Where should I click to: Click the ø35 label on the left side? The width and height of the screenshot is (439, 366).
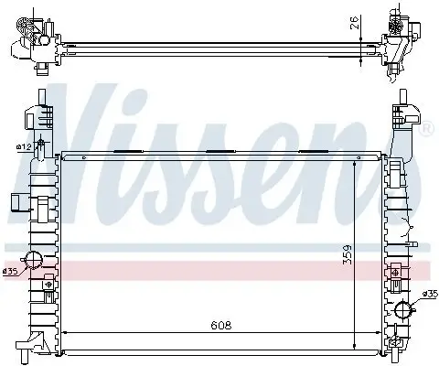click(x=11, y=271)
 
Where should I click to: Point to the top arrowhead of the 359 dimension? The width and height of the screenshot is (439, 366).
click(x=357, y=161)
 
